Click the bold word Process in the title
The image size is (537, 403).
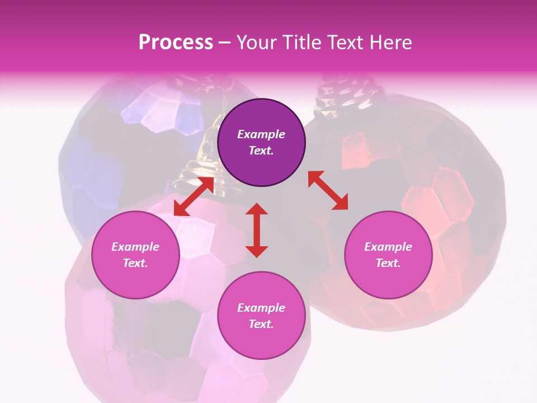coord(176,42)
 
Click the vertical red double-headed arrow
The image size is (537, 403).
coord(257,230)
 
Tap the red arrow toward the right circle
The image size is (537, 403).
coord(328,190)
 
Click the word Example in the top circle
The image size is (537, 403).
coord(261,134)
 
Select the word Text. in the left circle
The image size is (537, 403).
coord(135,263)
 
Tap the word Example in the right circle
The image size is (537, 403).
coord(388,247)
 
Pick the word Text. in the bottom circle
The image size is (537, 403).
coord(261,324)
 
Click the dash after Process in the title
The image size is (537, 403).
coord(225,43)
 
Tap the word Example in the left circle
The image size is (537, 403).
coord(135,247)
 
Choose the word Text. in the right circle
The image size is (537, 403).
coord(388,263)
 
